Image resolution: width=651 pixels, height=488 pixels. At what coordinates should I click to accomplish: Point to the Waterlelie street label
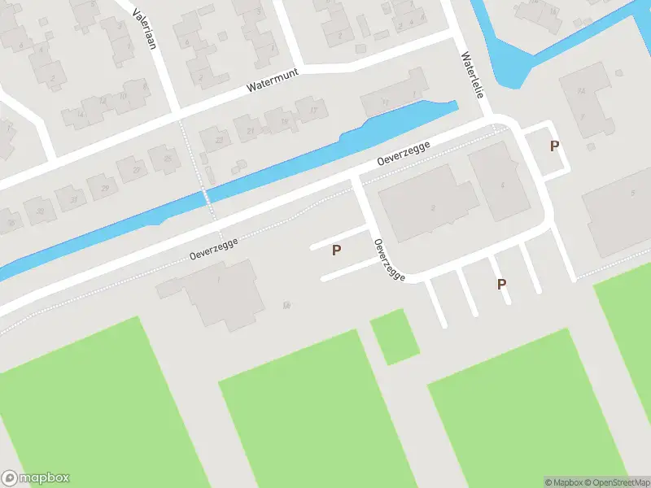[472, 76]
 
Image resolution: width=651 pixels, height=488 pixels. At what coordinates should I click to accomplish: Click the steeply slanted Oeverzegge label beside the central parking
[389, 260]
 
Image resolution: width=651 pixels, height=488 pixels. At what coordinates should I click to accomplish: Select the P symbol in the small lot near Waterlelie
[555, 146]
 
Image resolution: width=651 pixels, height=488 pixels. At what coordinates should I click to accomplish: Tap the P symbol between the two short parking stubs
[336, 251]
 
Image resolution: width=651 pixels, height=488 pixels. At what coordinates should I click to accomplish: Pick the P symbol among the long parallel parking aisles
[502, 284]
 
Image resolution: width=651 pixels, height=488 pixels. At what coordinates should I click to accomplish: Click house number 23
[218, 140]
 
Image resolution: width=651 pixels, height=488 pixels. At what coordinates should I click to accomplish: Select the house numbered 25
[168, 159]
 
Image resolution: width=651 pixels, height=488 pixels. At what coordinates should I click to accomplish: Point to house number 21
[251, 130]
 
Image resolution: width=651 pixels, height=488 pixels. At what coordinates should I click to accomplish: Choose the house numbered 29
[104, 189]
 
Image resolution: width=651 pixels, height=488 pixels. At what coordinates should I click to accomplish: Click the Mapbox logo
[35, 478]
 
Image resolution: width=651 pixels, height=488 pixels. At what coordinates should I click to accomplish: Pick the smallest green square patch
[395, 337]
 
